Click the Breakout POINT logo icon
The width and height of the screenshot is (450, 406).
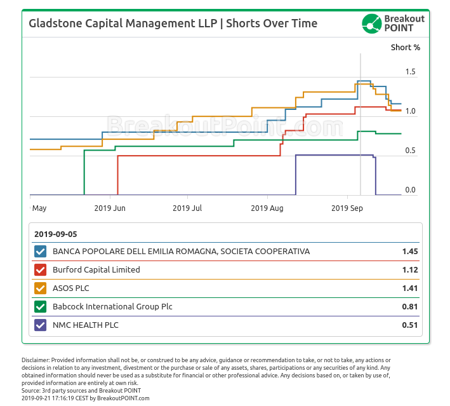[371, 24]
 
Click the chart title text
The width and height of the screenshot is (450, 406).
[173, 24]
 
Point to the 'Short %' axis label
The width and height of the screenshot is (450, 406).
[405, 47]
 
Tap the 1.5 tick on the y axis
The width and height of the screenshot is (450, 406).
[410, 72]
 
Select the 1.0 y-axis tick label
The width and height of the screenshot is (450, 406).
[410, 111]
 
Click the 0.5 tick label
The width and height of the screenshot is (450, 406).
[410, 151]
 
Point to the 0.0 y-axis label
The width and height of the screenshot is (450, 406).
[410, 190]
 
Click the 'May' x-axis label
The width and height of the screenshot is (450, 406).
[39, 208]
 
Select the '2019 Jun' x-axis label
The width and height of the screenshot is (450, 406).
[110, 208]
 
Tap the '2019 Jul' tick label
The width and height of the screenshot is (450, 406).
[187, 208]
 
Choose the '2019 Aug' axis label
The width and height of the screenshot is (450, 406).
[267, 208]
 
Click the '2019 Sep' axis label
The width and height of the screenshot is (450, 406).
[347, 208]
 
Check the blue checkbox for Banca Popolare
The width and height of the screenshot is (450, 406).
[41, 252]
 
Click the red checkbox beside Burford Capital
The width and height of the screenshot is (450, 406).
[41, 270]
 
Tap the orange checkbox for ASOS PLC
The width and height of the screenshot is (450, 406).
[41, 288]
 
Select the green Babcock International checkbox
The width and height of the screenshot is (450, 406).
[41, 307]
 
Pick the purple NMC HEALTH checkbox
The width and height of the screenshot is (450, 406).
[41, 325]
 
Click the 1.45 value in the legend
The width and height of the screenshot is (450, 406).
[409, 252]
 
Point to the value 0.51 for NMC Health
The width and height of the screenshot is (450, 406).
[409, 325]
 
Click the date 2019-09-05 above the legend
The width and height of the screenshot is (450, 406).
[56, 233]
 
